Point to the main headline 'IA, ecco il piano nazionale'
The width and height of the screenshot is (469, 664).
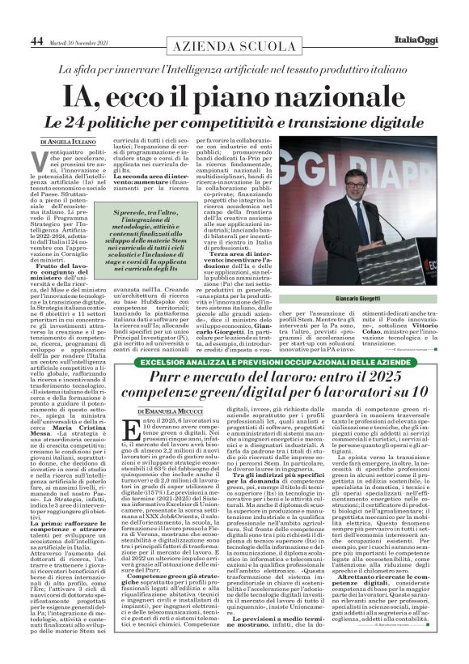click(x=234, y=96)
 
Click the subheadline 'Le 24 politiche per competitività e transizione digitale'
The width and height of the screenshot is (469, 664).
click(x=234, y=123)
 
